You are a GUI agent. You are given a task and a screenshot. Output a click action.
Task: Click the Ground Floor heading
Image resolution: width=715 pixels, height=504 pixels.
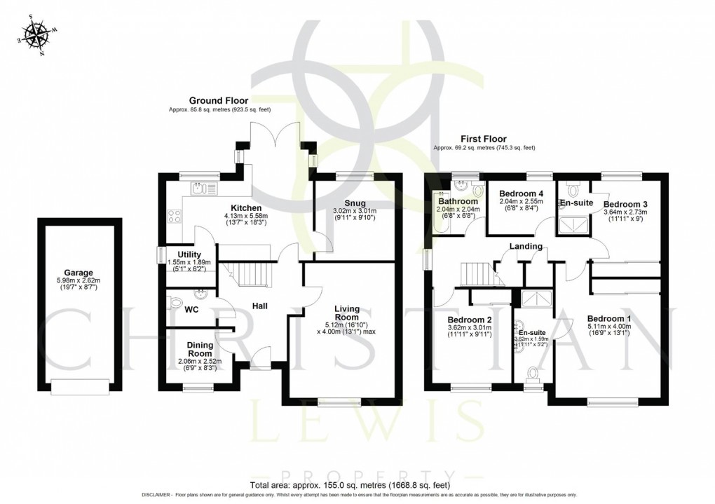(217, 101)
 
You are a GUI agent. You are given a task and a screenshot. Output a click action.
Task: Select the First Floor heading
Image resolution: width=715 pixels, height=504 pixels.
(483, 139)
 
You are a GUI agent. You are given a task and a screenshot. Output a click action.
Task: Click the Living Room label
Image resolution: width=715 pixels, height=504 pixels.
(347, 313)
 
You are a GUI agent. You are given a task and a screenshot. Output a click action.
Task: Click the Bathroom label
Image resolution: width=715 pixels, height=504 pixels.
(458, 201)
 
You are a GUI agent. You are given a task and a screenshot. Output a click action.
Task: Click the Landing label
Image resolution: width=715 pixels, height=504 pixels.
(526, 246)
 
